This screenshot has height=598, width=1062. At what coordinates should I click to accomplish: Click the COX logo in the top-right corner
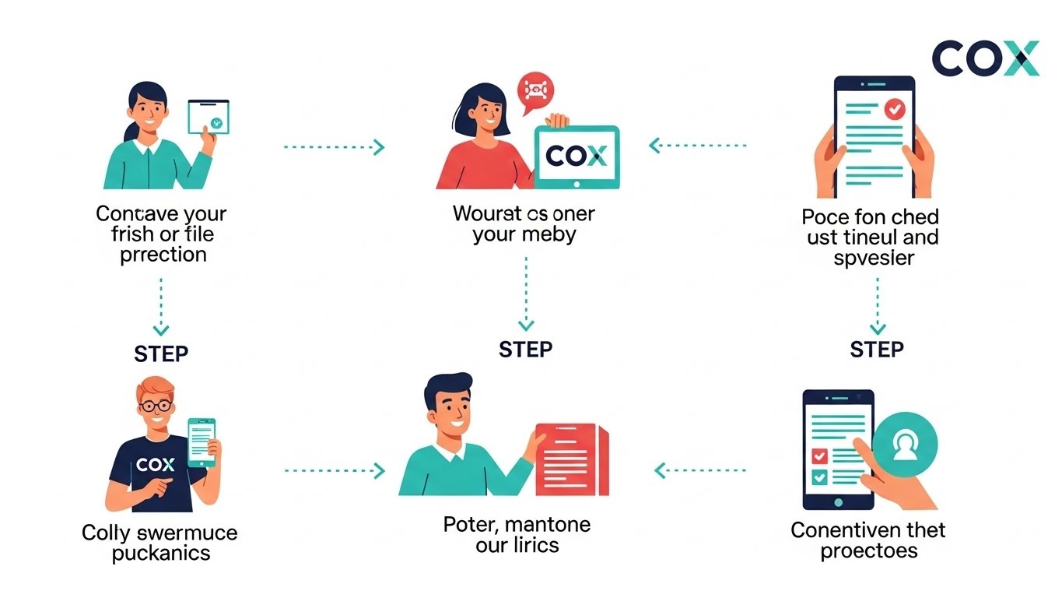[x=985, y=58]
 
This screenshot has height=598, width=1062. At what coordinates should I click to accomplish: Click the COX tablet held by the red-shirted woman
[x=577, y=157]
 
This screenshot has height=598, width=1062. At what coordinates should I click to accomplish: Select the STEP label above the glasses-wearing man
[x=161, y=354]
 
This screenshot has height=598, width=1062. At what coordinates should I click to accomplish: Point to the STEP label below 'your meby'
[x=525, y=349]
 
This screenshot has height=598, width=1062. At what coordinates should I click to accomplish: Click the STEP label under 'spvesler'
[x=876, y=349]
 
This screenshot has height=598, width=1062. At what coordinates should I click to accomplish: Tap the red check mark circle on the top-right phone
[x=895, y=109]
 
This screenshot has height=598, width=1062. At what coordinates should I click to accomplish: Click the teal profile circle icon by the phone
[x=905, y=446]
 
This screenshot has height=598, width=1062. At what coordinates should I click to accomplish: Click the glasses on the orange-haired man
[x=158, y=406]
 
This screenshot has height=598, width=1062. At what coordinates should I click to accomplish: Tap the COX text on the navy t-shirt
[x=156, y=465]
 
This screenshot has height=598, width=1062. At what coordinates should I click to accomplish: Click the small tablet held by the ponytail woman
[x=209, y=118]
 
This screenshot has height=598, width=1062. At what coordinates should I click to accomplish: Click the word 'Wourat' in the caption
[x=486, y=213]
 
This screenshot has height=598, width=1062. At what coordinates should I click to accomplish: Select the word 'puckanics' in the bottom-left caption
[x=161, y=554]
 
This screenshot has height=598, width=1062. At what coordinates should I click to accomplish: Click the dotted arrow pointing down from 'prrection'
[x=161, y=304]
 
